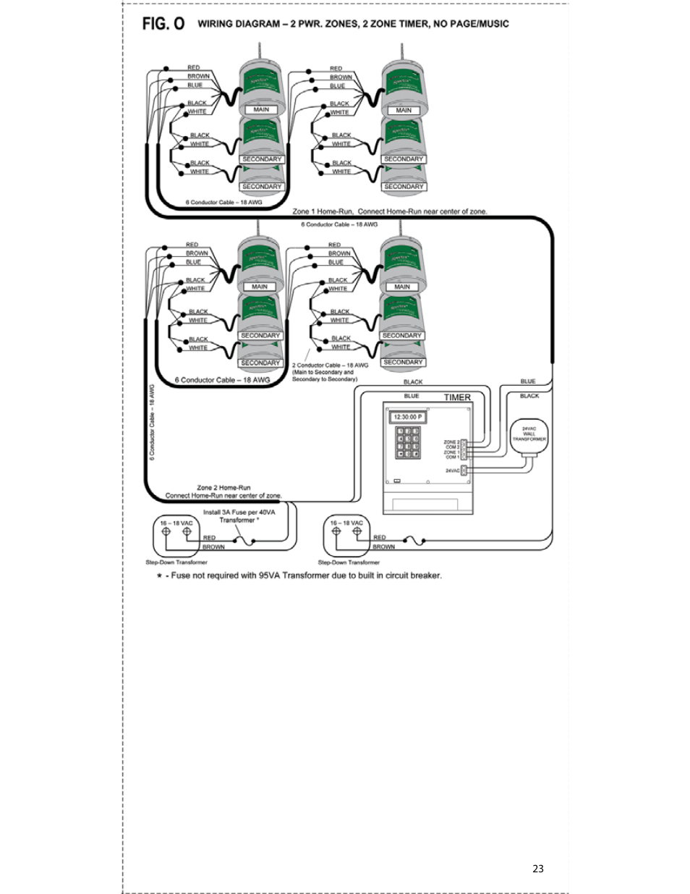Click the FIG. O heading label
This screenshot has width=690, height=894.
point(163,24)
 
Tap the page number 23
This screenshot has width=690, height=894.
point(537,869)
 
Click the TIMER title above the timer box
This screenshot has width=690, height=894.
point(457,397)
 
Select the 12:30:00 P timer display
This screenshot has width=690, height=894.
point(408,417)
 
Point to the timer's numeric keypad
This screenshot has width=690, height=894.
point(408,442)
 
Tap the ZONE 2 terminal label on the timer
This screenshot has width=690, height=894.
point(451,442)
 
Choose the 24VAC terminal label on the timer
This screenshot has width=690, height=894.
point(452,471)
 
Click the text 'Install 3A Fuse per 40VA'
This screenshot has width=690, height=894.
point(239,512)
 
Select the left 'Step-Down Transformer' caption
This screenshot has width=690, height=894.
point(176,562)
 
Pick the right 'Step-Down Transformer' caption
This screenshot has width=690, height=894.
point(349,562)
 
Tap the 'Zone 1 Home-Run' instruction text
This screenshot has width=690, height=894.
point(390,211)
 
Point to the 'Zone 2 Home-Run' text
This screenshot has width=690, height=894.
point(223,488)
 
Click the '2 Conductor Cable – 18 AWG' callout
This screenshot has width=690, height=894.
point(330,365)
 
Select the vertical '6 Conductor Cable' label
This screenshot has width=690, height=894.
point(153,421)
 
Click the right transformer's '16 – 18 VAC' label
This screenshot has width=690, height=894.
point(346,523)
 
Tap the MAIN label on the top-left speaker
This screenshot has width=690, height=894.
point(261,110)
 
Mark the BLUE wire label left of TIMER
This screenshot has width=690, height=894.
point(412,396)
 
